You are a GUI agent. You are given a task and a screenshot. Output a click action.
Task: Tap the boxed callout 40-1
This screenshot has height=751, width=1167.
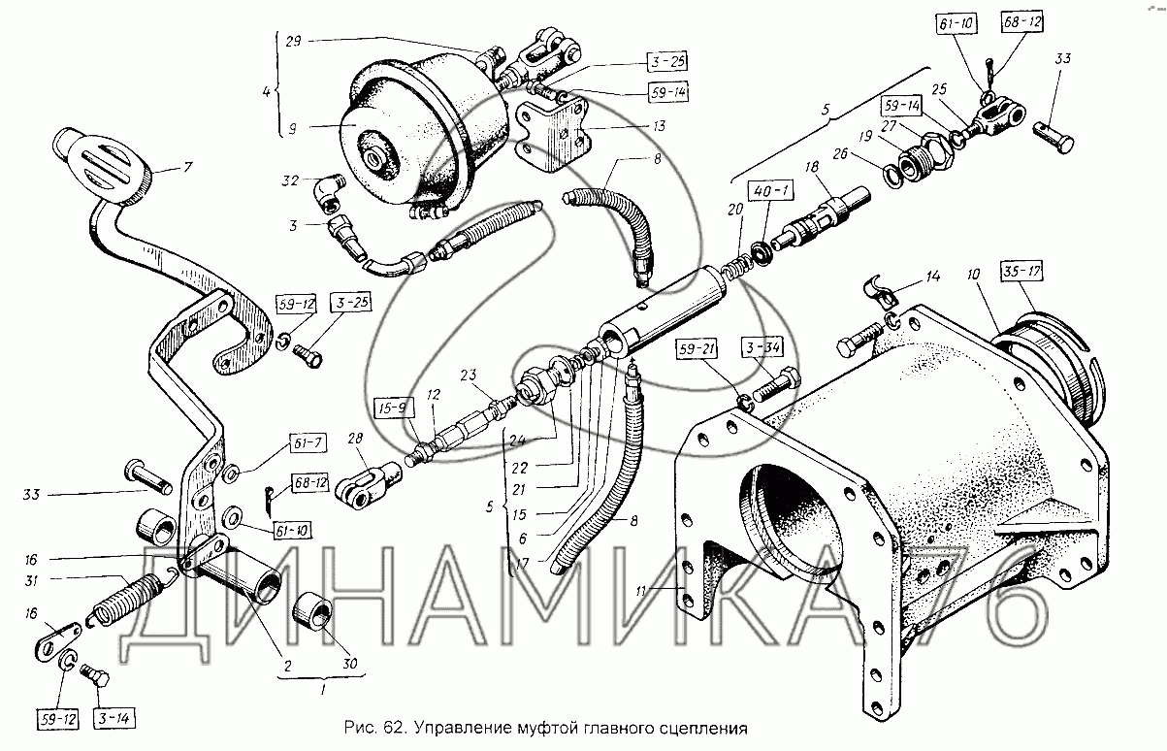click(770, 191)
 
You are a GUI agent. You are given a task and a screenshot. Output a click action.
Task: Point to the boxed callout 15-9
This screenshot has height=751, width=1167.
click(395, 408)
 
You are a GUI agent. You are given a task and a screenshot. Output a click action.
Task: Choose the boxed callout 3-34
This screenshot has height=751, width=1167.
click(762, 346)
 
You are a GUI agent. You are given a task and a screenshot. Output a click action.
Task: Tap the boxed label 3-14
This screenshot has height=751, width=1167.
click(114, 719)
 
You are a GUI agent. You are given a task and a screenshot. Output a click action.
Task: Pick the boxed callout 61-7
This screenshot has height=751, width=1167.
click(308, 443)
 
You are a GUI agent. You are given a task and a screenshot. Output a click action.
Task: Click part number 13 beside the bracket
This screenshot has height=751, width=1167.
click(659, 126)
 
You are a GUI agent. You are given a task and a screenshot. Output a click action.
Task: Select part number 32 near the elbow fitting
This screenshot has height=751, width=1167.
click(291, 180)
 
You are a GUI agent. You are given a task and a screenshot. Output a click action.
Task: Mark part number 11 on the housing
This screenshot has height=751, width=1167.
click(641, 591)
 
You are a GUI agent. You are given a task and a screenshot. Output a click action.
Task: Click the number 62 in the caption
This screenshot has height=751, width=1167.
click(392, 728)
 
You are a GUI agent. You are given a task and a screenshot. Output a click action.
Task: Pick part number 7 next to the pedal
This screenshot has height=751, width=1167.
click(188, 167)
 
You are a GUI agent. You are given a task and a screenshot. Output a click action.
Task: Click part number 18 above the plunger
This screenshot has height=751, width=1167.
click(812, 167)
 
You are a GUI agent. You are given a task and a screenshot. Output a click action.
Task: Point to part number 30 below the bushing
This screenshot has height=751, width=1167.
click(349, 663)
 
